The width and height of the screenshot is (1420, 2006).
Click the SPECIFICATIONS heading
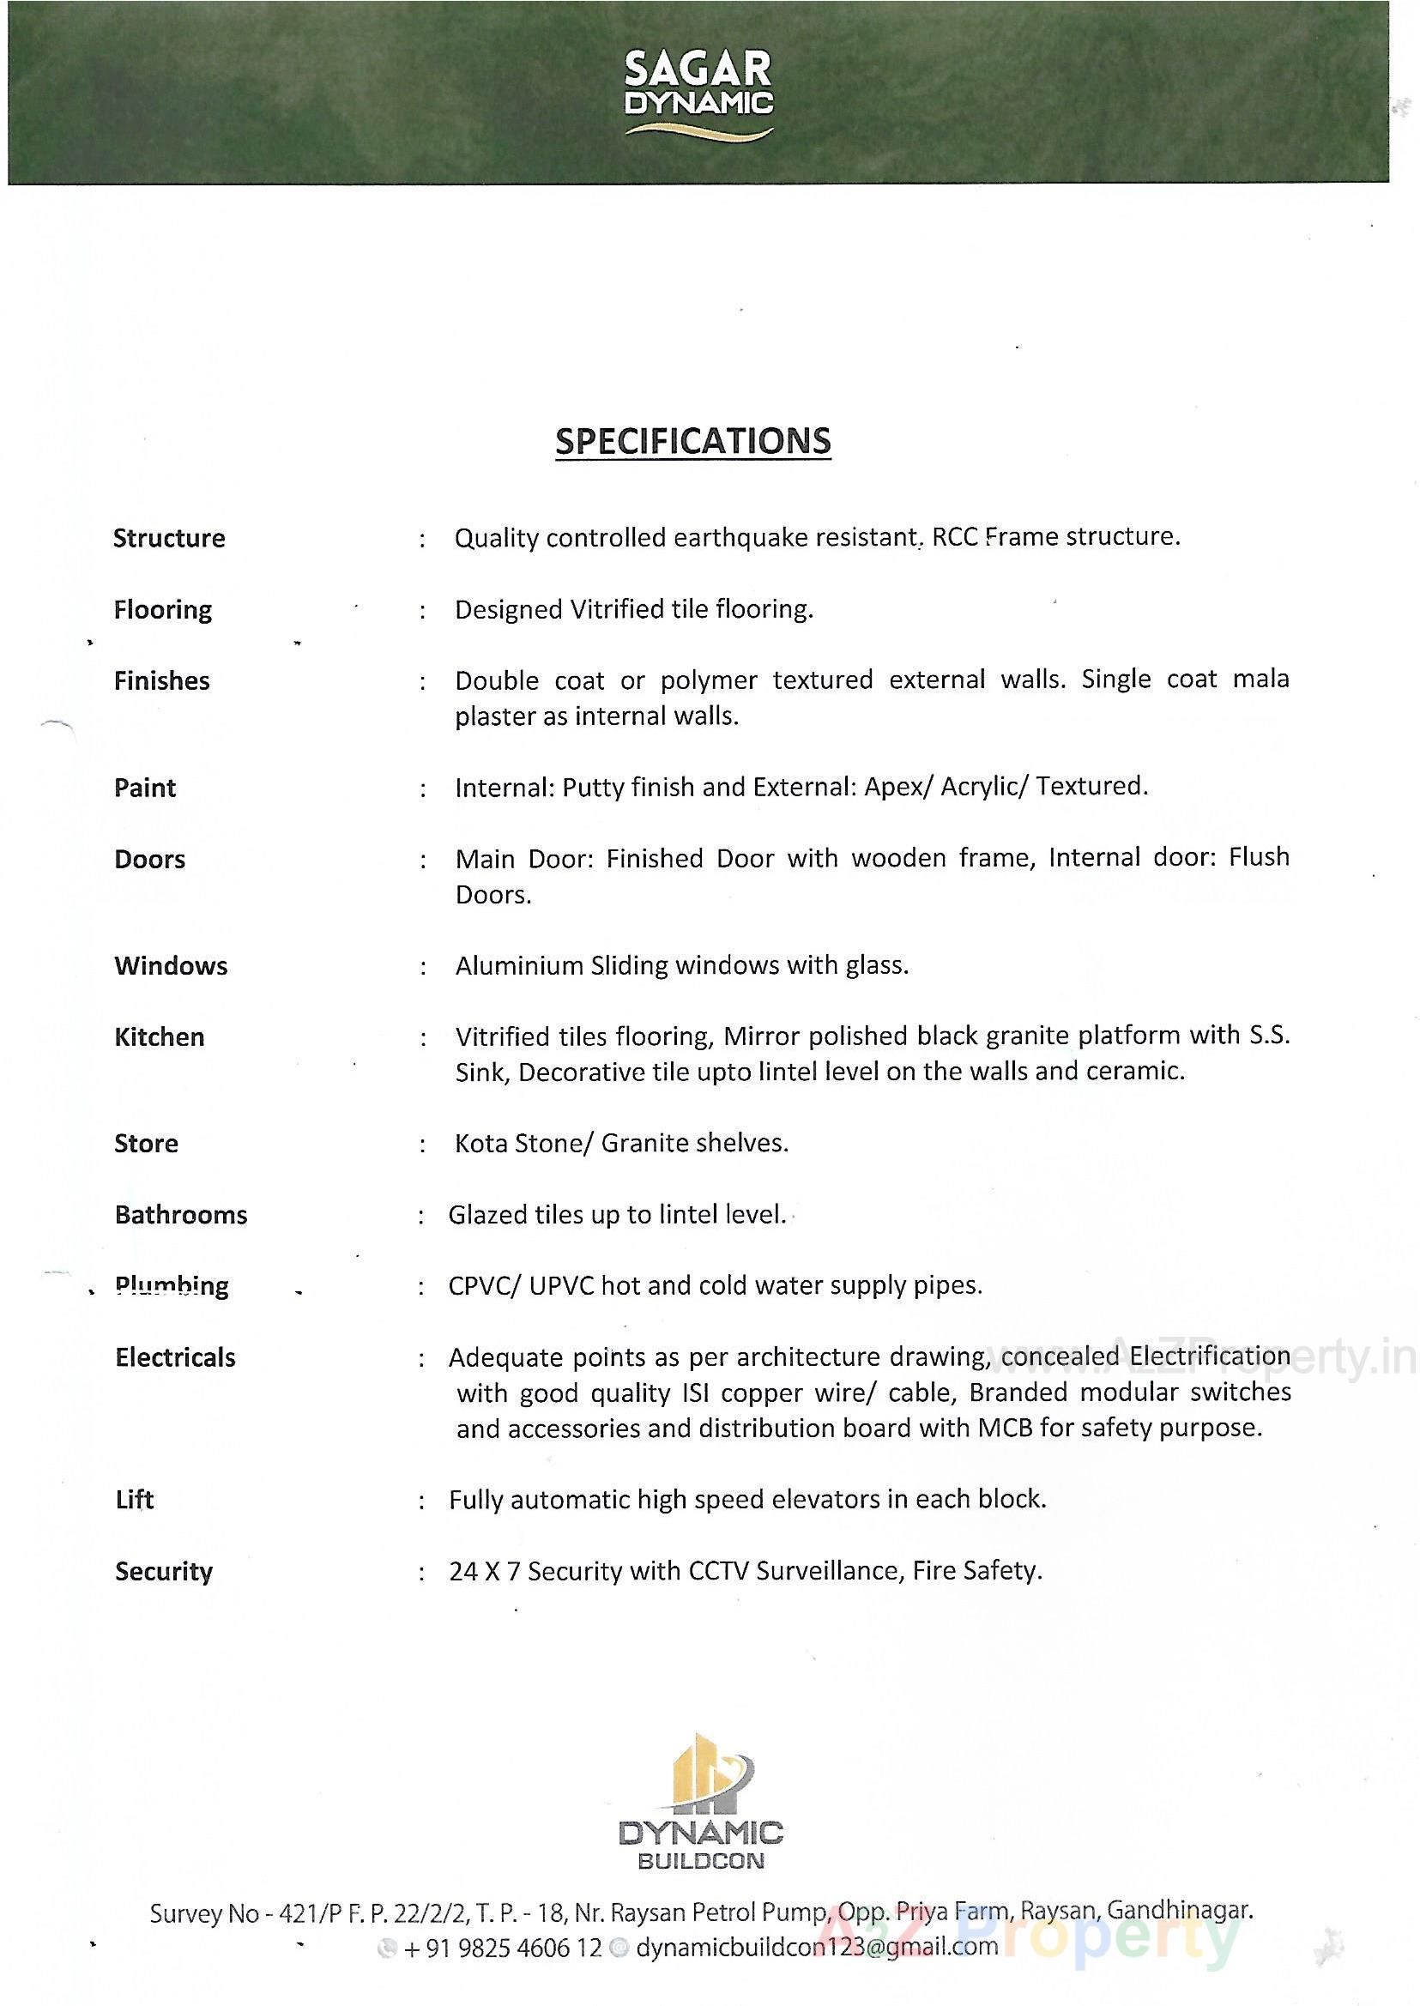(x=692, y=441)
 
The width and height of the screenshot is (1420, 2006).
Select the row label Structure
(x=169, y=538)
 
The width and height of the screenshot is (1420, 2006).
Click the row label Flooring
(x=163, y=609)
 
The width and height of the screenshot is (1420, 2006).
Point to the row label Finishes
(x=162, y=680)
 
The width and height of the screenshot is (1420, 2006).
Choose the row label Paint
(x=145, y=788)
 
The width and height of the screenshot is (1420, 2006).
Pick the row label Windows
(x=171, y=965)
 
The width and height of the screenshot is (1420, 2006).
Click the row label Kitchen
(x=159, y=1037)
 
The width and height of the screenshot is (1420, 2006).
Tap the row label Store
(x=146, y=1144)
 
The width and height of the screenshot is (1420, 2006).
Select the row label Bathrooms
(x=181, y=1215)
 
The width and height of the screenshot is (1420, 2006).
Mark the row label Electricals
(x=175, y=1357)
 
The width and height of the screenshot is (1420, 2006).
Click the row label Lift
(x=135, y=1500)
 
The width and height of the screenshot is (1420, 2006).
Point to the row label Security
(x=164, y=1571)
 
